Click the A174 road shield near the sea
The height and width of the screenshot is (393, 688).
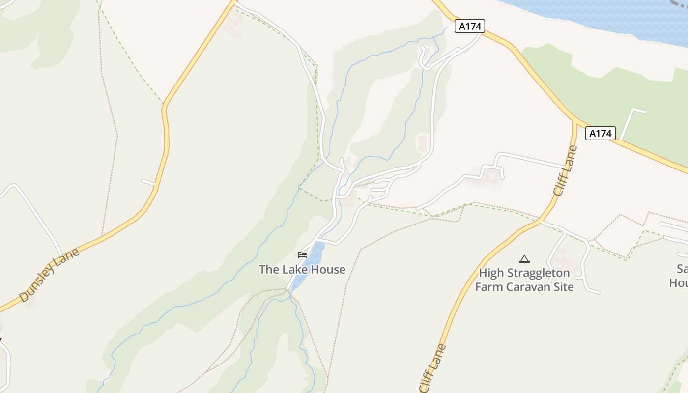[470, 26]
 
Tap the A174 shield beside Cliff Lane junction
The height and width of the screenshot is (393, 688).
[600, 133]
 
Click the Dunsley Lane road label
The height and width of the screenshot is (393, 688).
[49, 275]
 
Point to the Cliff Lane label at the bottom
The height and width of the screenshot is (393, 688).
[433, 368]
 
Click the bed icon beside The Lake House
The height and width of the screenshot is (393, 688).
[302, 255]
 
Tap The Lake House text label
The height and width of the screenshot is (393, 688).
[302, 269]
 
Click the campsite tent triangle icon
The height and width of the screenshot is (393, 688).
[524, 259]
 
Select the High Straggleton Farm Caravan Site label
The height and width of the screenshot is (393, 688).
[524, 280]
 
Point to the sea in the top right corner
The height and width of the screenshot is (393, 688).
[614, 15]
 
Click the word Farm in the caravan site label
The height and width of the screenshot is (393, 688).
[489, 287]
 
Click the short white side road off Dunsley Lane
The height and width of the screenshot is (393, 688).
[148, 182]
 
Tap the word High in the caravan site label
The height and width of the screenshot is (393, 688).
[491, 273]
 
